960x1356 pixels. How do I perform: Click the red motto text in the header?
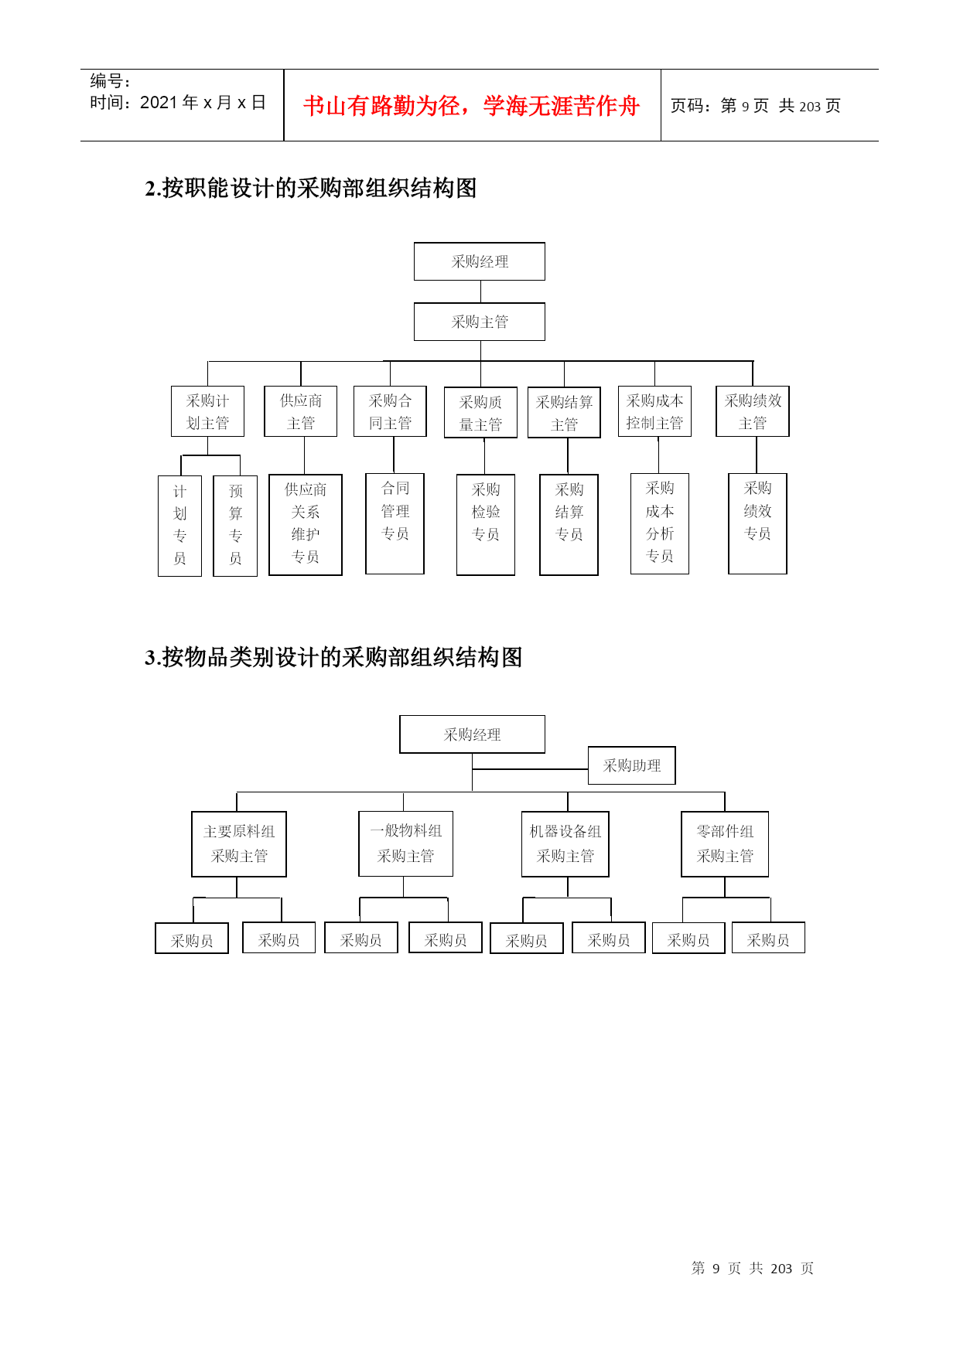[471, 106]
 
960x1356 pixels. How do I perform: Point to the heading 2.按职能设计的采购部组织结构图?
[311, 188]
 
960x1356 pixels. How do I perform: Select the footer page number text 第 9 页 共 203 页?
[753, 1268]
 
